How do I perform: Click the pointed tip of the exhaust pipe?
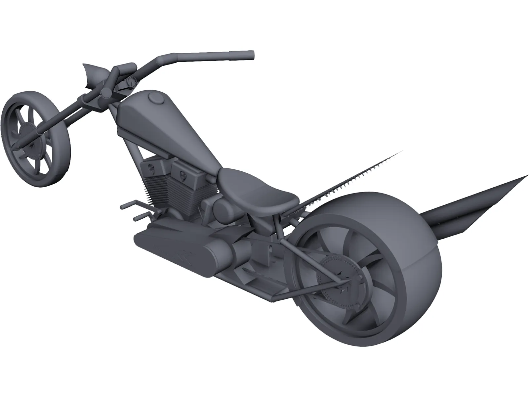tap(526, 176)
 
